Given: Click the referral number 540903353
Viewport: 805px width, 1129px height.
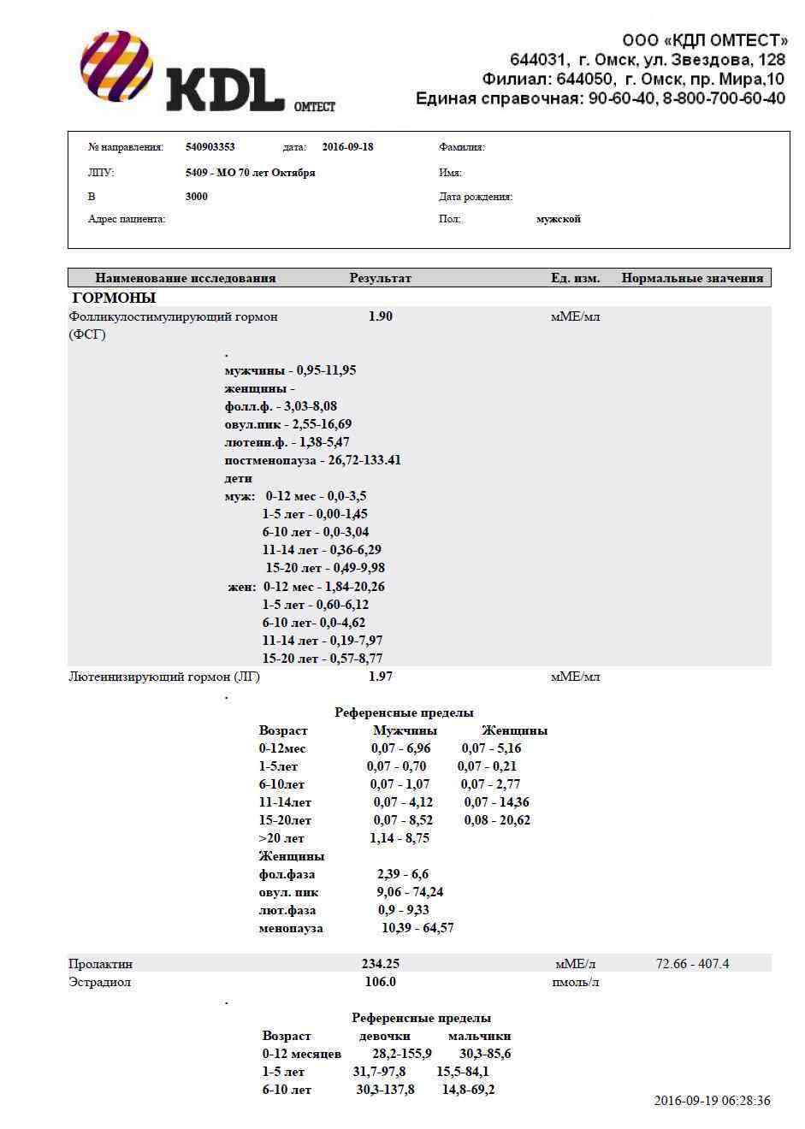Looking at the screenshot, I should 210,147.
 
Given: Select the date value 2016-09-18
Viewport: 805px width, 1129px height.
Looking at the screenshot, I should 347,147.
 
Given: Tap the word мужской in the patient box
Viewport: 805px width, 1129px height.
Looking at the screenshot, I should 558,220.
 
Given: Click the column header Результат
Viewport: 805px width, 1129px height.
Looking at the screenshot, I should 380,278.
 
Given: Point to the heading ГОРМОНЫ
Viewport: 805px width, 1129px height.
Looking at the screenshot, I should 114,299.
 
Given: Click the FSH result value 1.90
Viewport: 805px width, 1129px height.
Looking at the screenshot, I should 380,316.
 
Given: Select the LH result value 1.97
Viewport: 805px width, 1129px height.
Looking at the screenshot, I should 380,677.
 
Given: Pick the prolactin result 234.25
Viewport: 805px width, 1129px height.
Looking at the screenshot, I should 380,964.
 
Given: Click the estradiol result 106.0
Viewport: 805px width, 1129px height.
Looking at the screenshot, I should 380,982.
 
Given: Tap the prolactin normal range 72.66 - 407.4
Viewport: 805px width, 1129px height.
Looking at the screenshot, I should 692,964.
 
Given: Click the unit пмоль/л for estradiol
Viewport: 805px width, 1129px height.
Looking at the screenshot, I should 575,982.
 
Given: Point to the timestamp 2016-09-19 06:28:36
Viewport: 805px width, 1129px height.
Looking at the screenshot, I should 712,1101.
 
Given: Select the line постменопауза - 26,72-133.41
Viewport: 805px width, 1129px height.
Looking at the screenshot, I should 312,461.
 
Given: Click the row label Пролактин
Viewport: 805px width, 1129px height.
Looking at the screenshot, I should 100,964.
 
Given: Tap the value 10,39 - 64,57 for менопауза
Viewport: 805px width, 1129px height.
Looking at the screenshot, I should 417,928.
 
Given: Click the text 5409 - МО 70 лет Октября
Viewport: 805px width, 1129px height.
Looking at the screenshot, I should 250,173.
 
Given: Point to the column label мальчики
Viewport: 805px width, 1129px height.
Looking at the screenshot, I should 479,1036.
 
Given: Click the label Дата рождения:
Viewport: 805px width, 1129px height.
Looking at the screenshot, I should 476,197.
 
